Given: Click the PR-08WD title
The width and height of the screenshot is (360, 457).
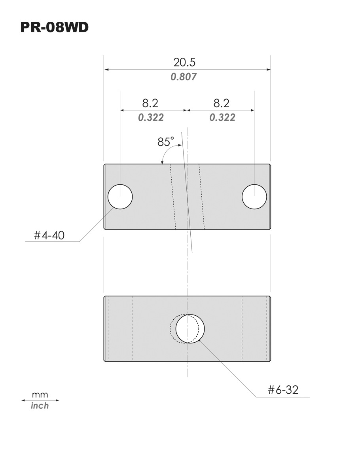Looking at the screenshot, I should (x=55, y=28).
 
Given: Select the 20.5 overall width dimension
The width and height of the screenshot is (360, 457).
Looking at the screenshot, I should (x=184, y=62).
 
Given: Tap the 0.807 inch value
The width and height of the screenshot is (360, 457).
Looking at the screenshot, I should (x=184, y=77).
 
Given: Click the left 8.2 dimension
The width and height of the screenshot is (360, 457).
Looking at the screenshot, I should (x=150, y=103).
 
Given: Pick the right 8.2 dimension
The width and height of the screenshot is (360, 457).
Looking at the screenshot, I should (x=222, y=103).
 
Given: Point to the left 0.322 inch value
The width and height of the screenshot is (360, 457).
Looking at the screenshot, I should (x=151, y=118).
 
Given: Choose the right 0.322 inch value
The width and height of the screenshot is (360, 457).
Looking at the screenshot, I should (x=222, y=118).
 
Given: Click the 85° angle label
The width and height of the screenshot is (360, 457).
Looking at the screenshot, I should (x=165, y=141).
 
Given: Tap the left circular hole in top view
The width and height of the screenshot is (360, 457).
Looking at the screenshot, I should (x=120, y=196).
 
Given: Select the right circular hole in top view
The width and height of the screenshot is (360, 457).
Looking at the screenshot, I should (x=254, y=196).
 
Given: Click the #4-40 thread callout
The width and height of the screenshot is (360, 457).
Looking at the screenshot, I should (x=49, y=236).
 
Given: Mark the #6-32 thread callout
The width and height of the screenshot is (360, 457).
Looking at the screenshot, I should (x=283, y=390).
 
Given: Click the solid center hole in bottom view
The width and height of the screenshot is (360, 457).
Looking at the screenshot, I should (x=190, y=329).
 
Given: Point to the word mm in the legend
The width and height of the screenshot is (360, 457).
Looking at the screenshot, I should (x=40, y=394).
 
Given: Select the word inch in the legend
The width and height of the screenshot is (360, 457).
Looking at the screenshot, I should (x=40, y=406).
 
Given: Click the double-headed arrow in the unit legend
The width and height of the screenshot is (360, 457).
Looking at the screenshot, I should (x=40, y=400).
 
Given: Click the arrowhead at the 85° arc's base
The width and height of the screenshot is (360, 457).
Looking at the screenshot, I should (x=162, y=161).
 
